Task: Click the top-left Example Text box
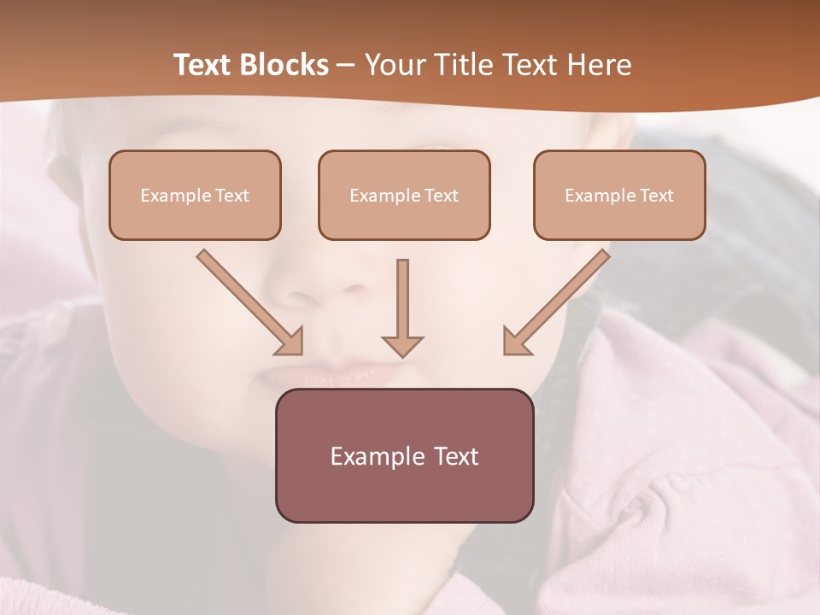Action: click(x=195, y=195)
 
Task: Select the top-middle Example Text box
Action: click(x=404, y=195)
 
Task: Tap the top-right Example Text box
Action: click(x=619, y=195)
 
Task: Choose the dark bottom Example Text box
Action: click(x=404, y=455)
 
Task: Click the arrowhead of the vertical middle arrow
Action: click(x=402, y=345)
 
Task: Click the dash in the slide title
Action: click(x=346, y=66)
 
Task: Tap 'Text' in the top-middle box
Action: click(x=441, y=196)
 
